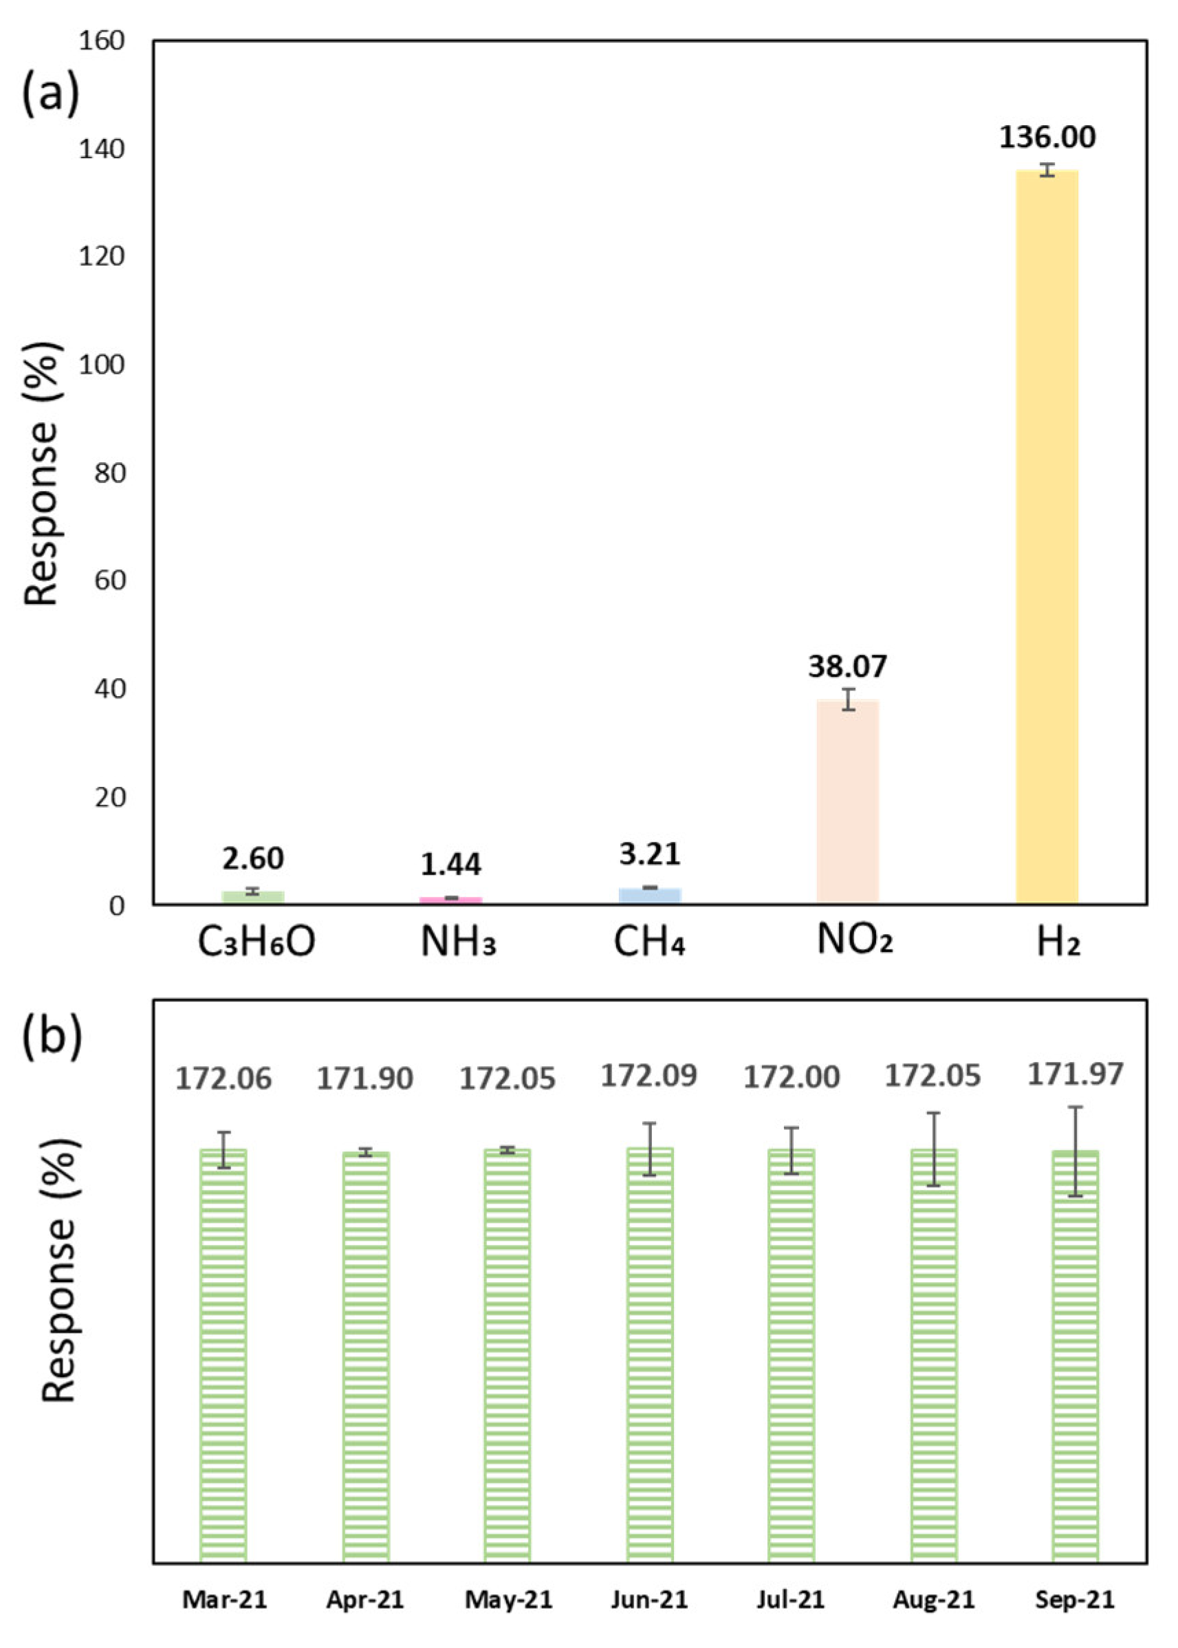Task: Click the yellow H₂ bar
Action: click(1047, 536)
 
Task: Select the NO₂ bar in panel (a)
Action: click(847, 801)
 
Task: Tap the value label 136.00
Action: click(1047, 137)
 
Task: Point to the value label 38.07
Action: click(847, 666)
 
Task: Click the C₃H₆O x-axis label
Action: click(256, 942)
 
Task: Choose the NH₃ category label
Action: click(459, 942)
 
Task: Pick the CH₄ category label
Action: click(649, 942)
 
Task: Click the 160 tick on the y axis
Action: click(102, 41)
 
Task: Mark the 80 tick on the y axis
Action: click(109, 473)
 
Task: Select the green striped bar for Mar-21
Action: click(223, 1356)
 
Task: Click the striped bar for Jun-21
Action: click(650, 1356)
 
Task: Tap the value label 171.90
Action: click(365, 1078)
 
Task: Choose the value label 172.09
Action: click(649, 1075)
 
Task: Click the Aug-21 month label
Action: click(934, 1599)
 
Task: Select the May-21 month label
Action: click(508, 1599)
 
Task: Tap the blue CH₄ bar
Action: click(650, 895)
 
